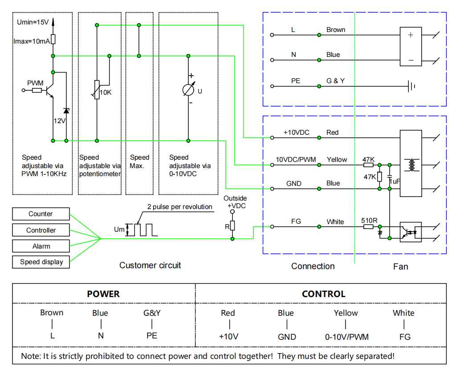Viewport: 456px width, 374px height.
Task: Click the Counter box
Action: coord(41,214)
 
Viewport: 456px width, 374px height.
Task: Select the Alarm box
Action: coord(41,246)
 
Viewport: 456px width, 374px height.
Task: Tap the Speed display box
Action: coord(41,262)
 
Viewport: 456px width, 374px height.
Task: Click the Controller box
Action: coord(41,230)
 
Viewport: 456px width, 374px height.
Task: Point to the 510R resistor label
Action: coord(369,221)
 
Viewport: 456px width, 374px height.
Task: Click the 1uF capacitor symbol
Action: coord(389,176)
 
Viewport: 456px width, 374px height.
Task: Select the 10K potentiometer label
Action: coord(106,92)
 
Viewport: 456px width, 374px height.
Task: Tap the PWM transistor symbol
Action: coord(50,90)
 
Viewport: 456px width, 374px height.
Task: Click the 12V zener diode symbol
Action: coord(66,111)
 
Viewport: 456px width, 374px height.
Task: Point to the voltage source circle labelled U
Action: coord(188,90)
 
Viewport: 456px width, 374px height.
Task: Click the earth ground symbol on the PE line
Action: coord(411,86)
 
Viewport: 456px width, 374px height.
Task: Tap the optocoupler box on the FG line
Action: coord(411,232)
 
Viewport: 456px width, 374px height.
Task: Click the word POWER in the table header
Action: coord(103,294)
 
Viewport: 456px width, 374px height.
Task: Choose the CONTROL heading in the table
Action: coord(324,294)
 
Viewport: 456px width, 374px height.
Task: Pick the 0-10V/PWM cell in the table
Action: coord(346,337)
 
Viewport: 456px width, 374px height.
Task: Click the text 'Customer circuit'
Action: coord(150,265)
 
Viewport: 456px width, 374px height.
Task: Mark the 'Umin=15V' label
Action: coord(33,22)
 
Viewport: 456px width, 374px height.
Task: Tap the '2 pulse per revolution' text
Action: coord(180,207)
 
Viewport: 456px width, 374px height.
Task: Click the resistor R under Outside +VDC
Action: coord(232,225)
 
